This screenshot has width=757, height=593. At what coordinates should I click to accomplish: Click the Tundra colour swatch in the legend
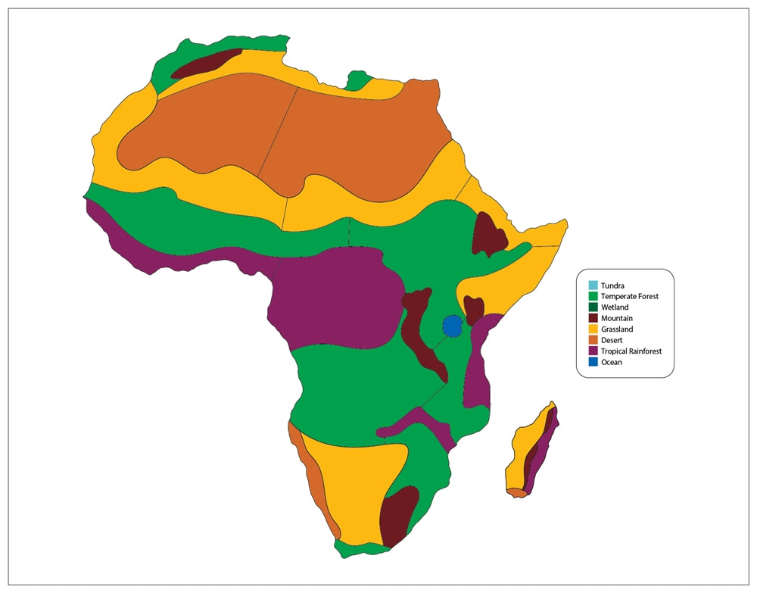[x=593, y=286]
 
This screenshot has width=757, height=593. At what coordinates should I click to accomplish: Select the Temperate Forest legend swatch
[x=593, y=296]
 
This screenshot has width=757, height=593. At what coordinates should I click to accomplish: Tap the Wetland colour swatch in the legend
[x=593, y=307]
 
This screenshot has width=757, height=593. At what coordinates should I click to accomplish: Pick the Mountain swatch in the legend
[x=593, y=318]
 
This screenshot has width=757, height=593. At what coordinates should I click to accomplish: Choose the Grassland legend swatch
[x=593, y=329]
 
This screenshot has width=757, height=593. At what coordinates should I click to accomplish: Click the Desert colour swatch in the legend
[x=593, y=340]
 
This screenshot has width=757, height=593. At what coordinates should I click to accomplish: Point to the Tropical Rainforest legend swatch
[x=593, y=351]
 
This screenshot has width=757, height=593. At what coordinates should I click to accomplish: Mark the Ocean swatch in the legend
[x=593, y=362]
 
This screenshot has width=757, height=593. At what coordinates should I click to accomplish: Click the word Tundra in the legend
[x=612, y=286]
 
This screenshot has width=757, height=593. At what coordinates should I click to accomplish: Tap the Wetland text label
[x=615, y=307]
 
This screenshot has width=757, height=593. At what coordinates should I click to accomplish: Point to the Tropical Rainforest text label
[x=631, y=351]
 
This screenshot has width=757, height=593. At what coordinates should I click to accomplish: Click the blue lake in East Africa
[x=452, y=326]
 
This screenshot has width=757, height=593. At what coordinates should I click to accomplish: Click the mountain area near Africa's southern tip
[x=398, y=515]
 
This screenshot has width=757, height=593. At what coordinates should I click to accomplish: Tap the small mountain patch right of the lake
[x=474, y=308]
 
